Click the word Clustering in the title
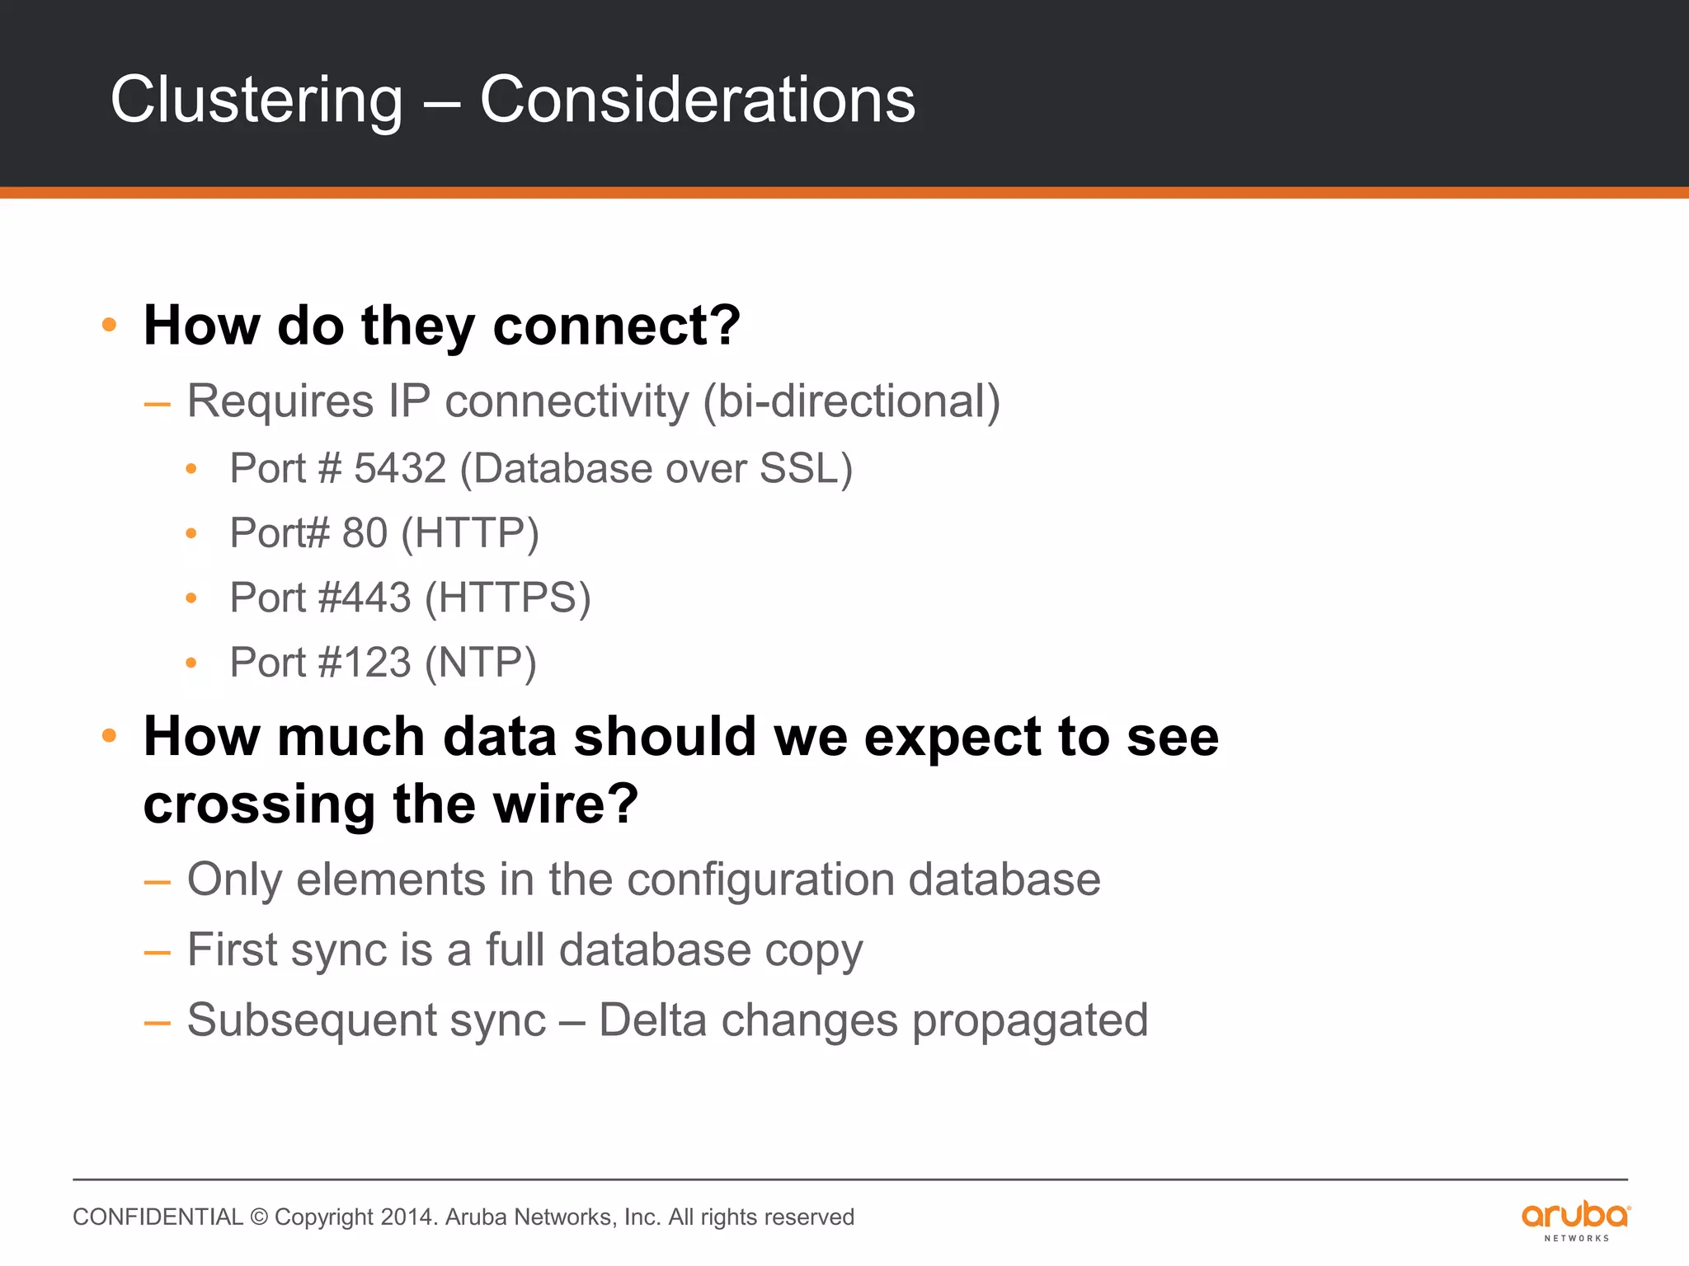click(256, 101)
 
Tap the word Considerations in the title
click(697, 101)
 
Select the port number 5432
click(400, 468)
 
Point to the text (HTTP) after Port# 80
click(470, 533)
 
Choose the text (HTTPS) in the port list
click(508, 598)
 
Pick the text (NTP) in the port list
click(481, 663)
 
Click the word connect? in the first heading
click(616, 326)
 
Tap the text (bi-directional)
click(851, 401)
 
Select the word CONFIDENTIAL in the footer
click(158, 1217)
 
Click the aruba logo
click(1575, 1219)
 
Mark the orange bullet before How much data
click(109, 735)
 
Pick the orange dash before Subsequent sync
click(157, 1023)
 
